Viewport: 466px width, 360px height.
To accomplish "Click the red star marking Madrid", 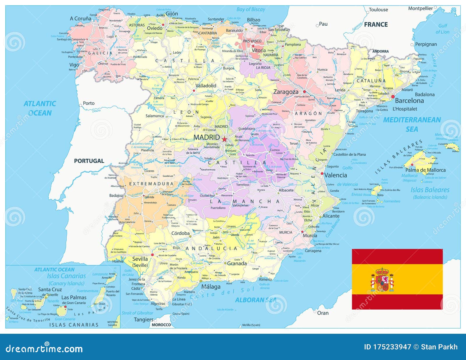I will tap(224, 139).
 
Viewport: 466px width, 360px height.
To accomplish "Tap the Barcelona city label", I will tap(409, 101).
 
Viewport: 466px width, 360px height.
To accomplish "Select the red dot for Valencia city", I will tap(322, 173).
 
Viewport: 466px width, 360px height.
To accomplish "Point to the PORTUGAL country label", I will tap(89, 161).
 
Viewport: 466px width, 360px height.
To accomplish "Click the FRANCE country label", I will tap(376, 24).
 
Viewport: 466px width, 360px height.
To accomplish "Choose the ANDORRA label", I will tap(380, 51).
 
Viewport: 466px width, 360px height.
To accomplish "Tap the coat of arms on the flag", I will tap(382, 280).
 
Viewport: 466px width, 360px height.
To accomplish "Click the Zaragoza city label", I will tap(286, 92).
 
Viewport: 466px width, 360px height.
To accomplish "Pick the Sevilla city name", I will tap(140, 259).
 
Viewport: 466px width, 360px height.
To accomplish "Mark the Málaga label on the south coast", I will tap(211, 287).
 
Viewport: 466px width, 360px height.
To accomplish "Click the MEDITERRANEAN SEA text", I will tap(412, 124).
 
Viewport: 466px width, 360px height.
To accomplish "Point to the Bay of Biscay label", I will tap(251, 9).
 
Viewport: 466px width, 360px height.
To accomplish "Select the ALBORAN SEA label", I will tap(256, 300).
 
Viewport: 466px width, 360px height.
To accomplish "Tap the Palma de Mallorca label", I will tap(425, 170).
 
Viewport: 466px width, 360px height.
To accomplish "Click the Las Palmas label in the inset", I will tap(74, 297).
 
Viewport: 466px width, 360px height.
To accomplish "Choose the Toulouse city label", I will tap(378, 10).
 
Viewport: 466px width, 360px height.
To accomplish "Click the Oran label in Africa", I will tap(323, 313).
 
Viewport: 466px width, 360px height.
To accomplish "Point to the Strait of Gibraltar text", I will tap(137, 313).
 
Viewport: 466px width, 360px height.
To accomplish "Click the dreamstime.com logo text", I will tap(44, 348).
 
